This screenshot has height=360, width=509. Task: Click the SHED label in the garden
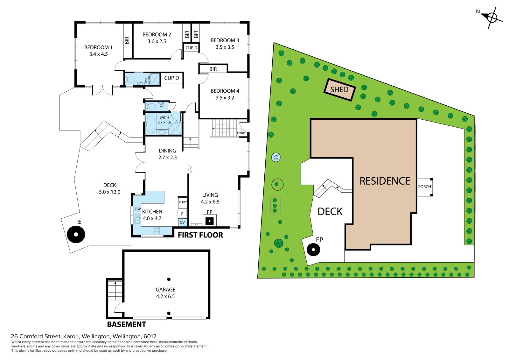(x=339, y=89)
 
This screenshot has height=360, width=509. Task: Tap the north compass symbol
(x=492, y=18)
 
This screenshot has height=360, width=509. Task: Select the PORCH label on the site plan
(x=424, y=187)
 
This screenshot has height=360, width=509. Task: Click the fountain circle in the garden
(x=275, y=157)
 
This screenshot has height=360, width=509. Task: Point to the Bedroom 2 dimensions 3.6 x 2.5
(x=157, y=41)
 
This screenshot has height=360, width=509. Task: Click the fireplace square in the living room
(x=209, y=221)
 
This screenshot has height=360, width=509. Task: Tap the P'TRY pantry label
(x=183, y=202)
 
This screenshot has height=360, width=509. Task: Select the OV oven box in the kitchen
(x=182, y=222)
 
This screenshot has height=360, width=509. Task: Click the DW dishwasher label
(x=137, y=209)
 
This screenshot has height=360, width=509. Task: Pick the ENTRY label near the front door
(x=241, y=133)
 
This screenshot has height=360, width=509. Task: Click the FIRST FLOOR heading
(x=200, y=235)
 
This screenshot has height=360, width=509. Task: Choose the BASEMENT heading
(x=126, y=324)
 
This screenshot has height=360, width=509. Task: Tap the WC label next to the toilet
(x=161, y=106)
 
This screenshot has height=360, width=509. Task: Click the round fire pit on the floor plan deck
(x=76, y=234)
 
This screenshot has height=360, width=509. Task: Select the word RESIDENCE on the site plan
(x=385, y=181)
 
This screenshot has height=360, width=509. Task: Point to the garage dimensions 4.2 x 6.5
(x=165, y=296)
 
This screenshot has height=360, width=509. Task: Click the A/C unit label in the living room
(x=197, y=225)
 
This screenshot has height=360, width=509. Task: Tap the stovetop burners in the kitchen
(x=156, y=230)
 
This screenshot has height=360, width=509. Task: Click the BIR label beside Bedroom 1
(x=127, y=40)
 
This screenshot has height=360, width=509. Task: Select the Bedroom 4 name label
(x=225, y=91)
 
